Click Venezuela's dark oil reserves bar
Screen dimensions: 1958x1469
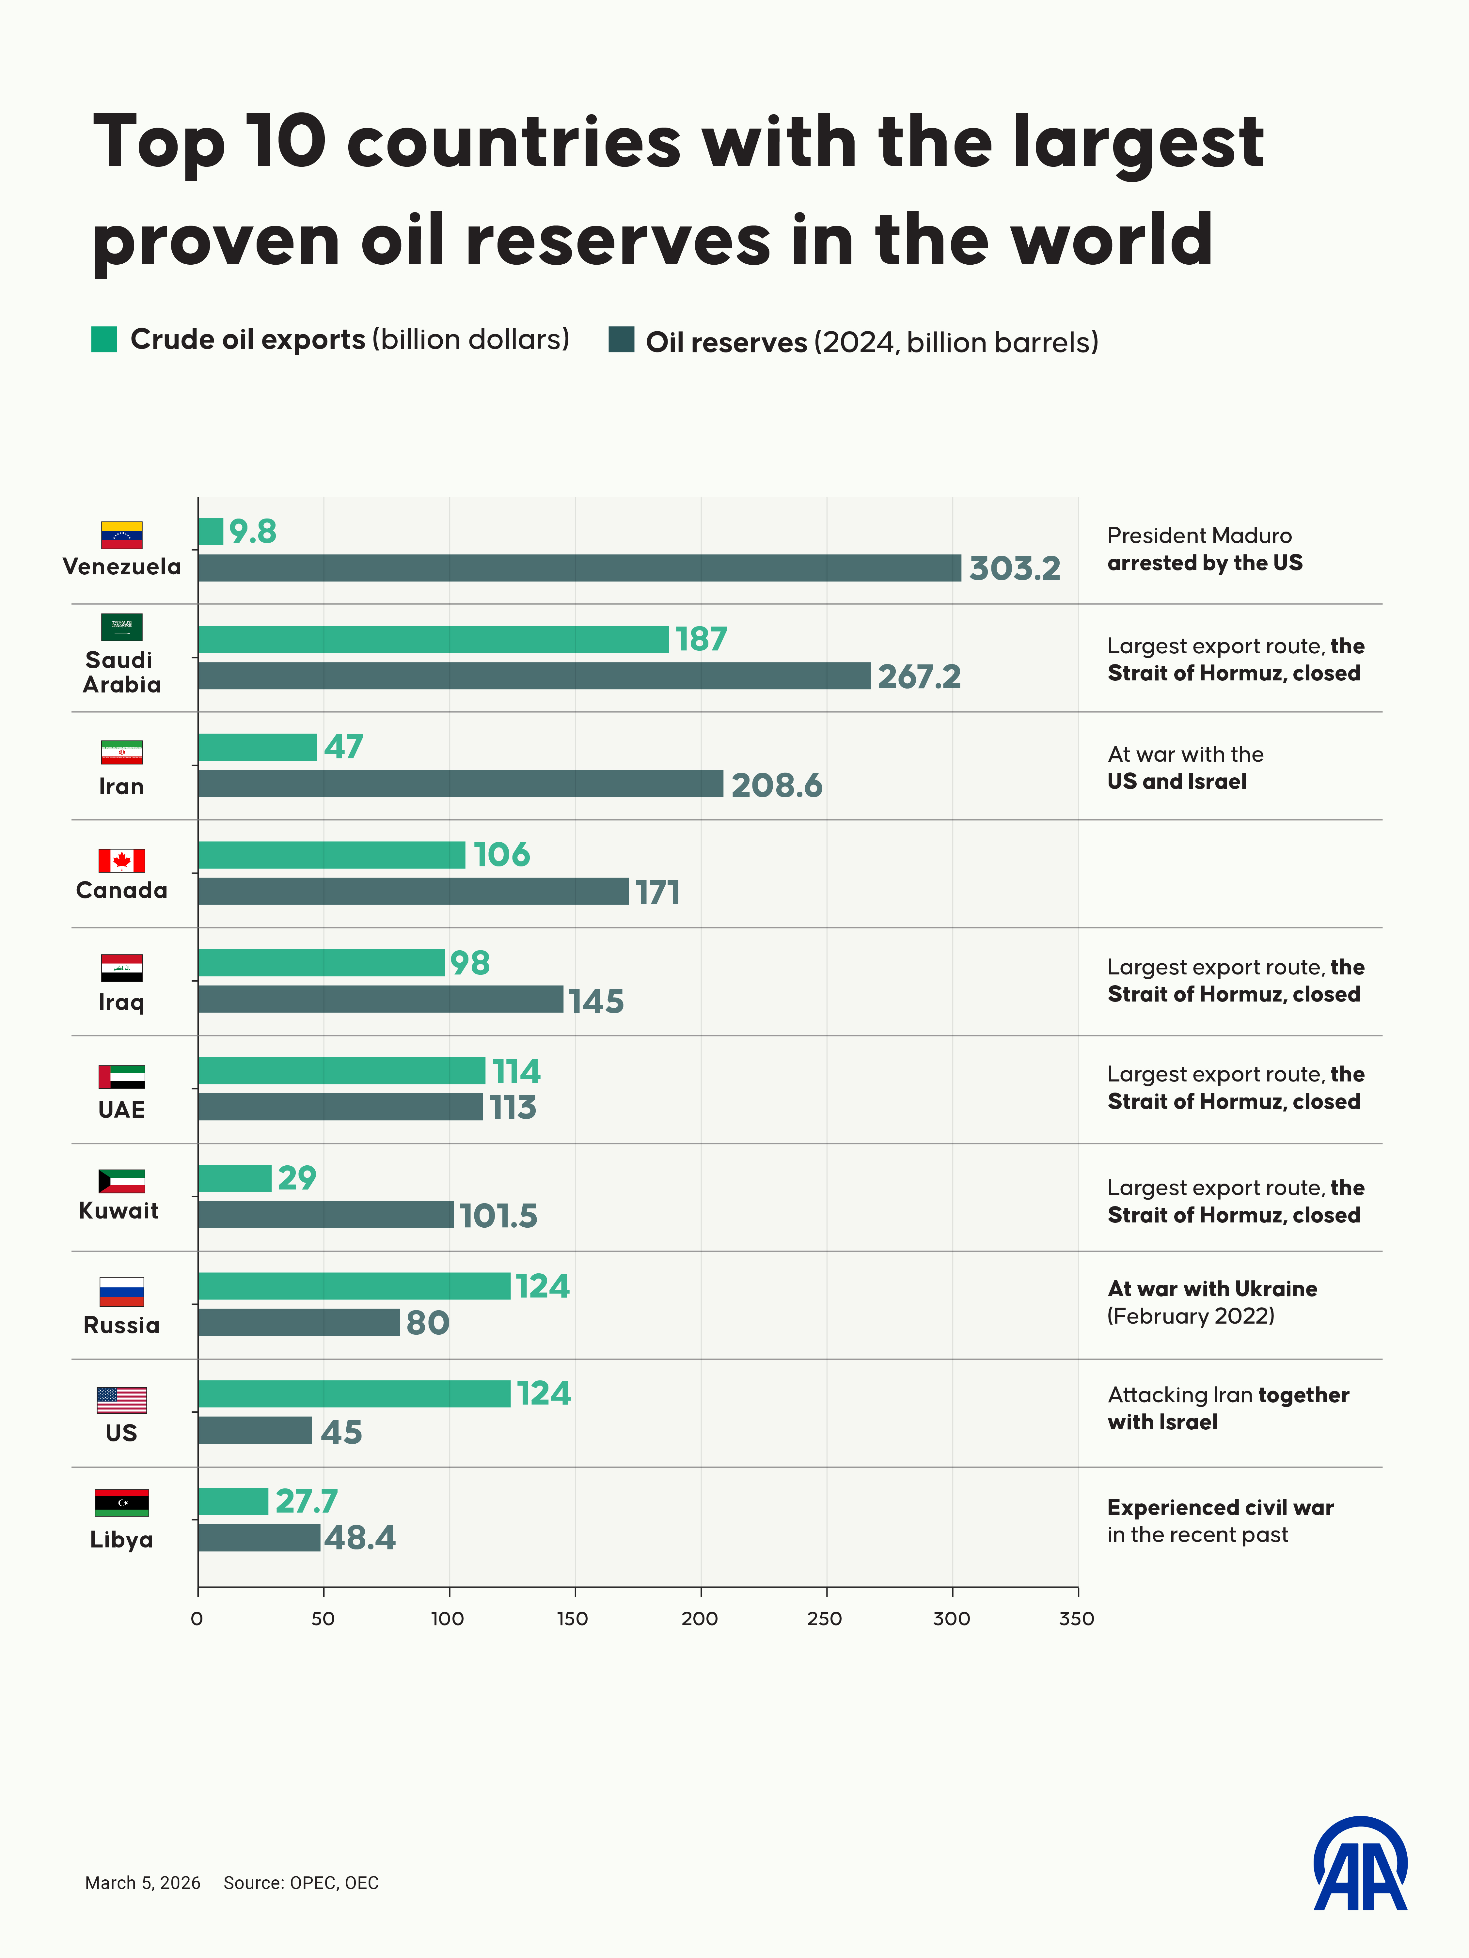579,568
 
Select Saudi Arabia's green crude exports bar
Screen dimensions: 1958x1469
433,639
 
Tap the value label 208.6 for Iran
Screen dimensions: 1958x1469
777,785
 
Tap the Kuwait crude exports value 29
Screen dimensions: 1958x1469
297,1178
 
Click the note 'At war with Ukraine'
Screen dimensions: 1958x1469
1211,1289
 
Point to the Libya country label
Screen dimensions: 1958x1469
121,1540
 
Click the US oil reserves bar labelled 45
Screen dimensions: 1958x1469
255,1430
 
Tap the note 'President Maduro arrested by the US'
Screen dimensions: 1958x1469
1204,549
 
